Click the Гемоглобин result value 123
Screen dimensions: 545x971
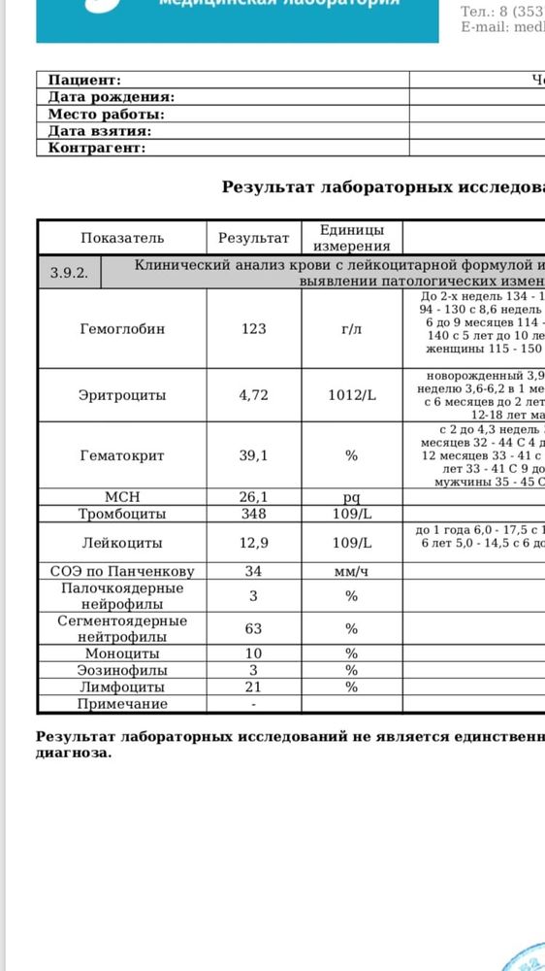[x=254, y=329]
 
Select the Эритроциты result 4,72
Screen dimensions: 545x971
[x=254, y=395]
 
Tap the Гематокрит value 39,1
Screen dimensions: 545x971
[x=254, y=454]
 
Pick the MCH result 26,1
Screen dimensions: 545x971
[x=254, y=497]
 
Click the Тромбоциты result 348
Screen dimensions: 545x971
[x=254, y=513]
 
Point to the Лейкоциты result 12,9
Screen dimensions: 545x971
[x=254, y=544]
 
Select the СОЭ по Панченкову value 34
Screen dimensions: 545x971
[x=254, y=571]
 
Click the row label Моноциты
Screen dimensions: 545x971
[x=122, y=654]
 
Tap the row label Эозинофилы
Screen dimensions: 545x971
[x=122, y=670]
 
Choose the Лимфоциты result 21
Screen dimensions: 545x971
[x=254, y=687]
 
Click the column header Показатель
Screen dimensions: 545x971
[x=122, y=238]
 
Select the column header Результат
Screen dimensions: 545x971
[x=254, y=238]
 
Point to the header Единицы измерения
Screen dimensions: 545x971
[x=351, y=238]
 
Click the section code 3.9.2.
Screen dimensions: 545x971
[x=69, y=273]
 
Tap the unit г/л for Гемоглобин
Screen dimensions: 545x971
[x=351, y=329]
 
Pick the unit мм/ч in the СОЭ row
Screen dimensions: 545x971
[x=351, y=571]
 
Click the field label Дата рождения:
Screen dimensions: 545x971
[x=112, y=97]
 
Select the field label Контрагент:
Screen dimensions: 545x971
[x=97, y=148]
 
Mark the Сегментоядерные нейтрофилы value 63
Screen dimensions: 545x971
[x=254, y=628]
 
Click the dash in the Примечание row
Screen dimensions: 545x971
[x=254, y=704]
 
